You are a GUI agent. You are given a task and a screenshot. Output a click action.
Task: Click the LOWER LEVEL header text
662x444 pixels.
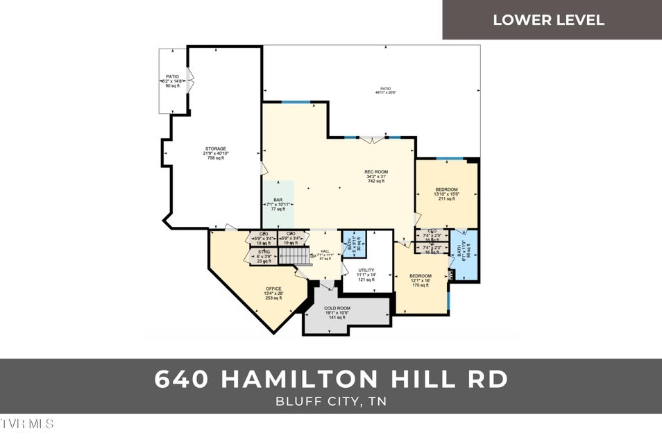point(548,19)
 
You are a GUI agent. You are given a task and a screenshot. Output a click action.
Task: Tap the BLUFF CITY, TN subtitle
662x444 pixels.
point(330,402)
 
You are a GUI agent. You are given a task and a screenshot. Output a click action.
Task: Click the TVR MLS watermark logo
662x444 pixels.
point(27,423)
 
